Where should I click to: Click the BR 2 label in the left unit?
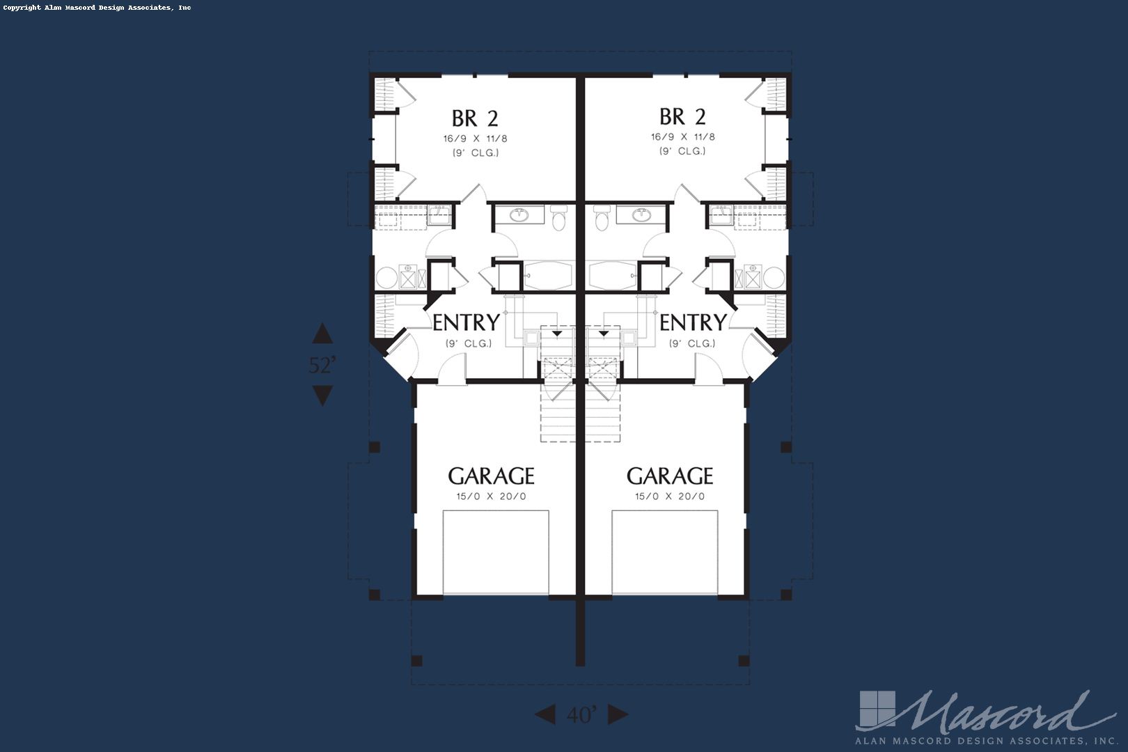(475, 119)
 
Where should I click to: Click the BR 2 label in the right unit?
(682, 117)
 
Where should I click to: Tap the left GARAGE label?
(491, 476)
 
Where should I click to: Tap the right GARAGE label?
(670, 476)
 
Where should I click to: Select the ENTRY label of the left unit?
(467, 322)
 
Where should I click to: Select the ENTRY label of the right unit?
(694, 322)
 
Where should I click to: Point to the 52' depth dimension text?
(322, 365)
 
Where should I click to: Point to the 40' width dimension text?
(581, 714)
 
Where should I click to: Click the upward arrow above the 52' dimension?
(322, 334)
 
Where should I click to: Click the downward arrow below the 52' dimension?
(322, 396)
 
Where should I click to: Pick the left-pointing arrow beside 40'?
(545, 714)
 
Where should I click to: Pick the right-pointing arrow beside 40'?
(618, 714)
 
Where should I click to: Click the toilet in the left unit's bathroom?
(558, 217)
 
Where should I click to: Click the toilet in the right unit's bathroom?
(602, 217)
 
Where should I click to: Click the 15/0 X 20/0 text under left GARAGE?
(491, 496)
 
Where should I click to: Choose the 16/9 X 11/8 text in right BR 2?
(682, 137)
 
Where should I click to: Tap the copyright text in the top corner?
(97, 8)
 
